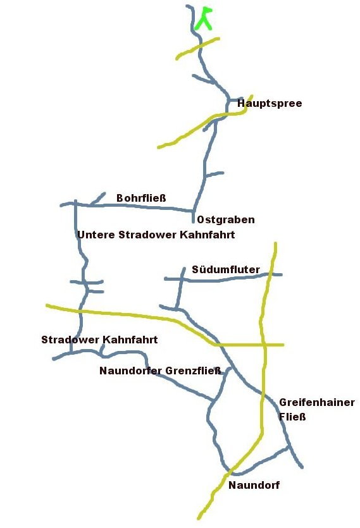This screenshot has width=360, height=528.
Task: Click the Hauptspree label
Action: [269, 104]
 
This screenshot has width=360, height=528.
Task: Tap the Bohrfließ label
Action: [141, 199]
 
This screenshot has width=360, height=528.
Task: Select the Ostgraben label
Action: [226, 220]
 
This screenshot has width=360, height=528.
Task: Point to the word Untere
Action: [96, 235]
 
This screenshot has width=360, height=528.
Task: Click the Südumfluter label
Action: [225, 270]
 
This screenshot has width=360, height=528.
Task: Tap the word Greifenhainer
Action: [316, 403]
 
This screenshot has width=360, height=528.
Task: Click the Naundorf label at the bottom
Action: [254, 486]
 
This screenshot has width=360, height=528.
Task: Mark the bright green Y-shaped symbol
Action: [204, 19]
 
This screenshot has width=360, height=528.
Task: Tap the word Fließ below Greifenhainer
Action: [292, 417]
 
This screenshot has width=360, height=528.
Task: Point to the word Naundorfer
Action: [131, 371]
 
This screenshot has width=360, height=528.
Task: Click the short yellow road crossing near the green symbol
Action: [197, 49]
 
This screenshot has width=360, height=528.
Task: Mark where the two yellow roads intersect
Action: [263, 345]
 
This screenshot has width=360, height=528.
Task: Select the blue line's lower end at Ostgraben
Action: [193, 221]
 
